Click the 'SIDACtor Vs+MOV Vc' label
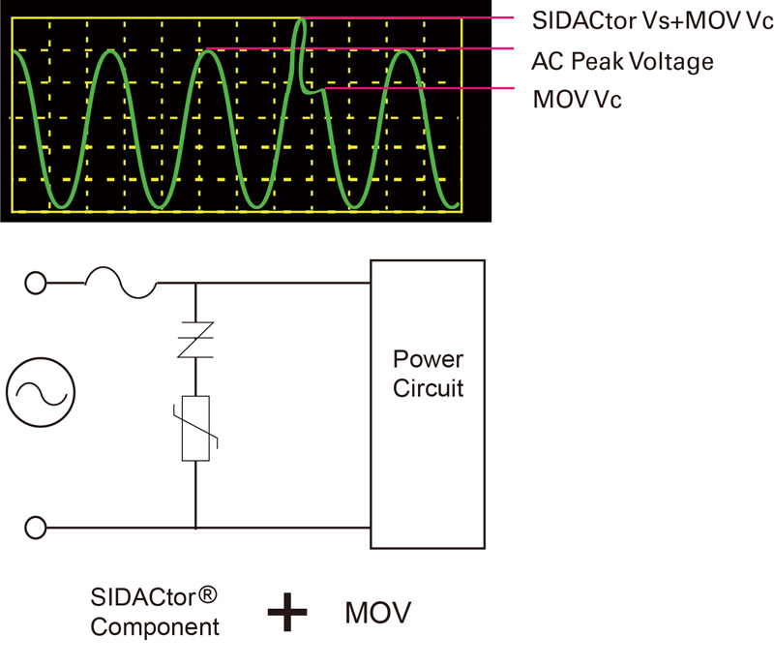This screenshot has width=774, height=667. [x=652, y=20]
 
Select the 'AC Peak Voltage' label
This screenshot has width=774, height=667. [x=622, y=62]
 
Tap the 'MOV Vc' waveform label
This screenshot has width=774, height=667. [x=577, y=100]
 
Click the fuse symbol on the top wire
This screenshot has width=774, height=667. [x=121, y=283]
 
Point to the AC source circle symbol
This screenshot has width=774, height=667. [x=41, y=392]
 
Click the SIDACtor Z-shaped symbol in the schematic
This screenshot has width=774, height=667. [x=195, y=340]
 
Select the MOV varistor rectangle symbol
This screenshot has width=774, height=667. [x=195, y=428]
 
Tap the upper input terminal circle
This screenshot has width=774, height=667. [x=36, y=283]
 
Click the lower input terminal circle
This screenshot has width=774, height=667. [x=36, y=528]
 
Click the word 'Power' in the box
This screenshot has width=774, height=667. [x=428, y=359]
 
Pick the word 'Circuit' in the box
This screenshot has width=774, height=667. [x=428, y=388]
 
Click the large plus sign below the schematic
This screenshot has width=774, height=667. [x=287, y=612]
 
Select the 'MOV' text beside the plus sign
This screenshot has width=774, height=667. [x=378, y=613]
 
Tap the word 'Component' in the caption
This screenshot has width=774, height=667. [x=155, y=628]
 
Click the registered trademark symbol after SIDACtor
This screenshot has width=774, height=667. [x=207, y=594]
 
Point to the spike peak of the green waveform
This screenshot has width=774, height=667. [x=301, y=19]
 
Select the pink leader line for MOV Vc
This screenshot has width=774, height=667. [x=420, y=88]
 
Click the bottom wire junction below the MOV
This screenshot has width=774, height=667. [x=196, y=528]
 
